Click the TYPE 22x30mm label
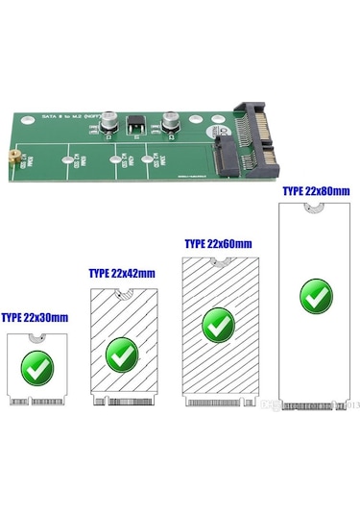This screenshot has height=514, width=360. click(x=34, y=316)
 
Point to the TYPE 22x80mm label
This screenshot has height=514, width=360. click(x=314, y=191)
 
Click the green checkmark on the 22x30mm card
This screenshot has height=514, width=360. click(x=37, y=365)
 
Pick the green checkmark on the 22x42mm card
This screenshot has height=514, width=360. click(x=121, y=353)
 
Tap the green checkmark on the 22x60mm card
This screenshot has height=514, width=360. click(x=218, y=324)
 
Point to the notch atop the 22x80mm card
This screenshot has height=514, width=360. click(x=313, y=208)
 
